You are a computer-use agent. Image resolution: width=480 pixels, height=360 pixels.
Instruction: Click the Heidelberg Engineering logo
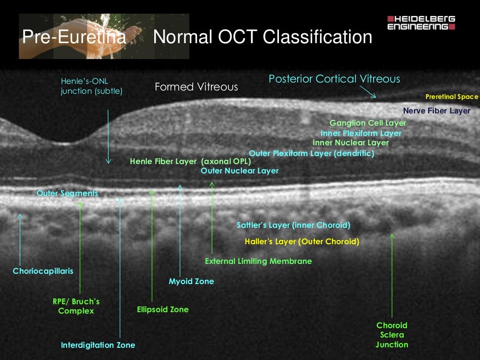(x=421, y=23)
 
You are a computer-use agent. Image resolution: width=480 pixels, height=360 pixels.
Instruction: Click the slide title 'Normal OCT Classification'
(x=262, y=37)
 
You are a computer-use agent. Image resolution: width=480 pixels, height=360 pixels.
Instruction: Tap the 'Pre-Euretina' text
(x=75, y=37)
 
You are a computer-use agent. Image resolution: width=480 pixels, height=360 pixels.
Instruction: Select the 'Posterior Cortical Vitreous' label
(x=334, y=79)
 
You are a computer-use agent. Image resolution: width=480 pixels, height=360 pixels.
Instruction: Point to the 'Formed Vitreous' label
(x=196, y=87)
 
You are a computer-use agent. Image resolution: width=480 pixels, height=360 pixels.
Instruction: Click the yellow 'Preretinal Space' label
(x=451, y=97)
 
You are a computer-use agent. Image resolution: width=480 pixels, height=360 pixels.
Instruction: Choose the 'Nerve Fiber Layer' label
(x=436, y=111)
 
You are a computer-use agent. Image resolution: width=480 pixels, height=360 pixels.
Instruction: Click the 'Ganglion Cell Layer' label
(x=367, y=123)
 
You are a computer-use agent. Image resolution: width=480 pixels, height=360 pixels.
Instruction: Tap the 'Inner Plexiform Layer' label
(x=360, y=133)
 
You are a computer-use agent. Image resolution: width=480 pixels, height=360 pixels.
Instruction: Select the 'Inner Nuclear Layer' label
(x=350, y=142)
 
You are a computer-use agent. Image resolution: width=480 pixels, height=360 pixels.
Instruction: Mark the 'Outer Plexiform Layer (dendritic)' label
(x=311, y=153)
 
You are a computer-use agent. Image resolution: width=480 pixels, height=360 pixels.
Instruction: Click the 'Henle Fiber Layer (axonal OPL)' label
(x=190, y=161)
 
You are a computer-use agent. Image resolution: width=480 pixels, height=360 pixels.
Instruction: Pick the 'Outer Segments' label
(x=67, y=193)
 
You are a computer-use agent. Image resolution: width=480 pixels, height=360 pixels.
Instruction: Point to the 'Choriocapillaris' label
(x=43, y=271)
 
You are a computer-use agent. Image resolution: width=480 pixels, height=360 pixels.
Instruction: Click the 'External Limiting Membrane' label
(x=258, y=261)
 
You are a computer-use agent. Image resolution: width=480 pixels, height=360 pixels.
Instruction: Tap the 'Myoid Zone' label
(x=191, y=281)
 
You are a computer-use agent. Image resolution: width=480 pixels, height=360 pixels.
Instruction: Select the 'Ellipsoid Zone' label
(x=163, y=309)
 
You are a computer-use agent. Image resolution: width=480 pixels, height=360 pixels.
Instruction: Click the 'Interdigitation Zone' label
(x=98, y=345)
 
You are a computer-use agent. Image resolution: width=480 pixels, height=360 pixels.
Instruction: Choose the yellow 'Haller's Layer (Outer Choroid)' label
(x=302, y=242)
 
